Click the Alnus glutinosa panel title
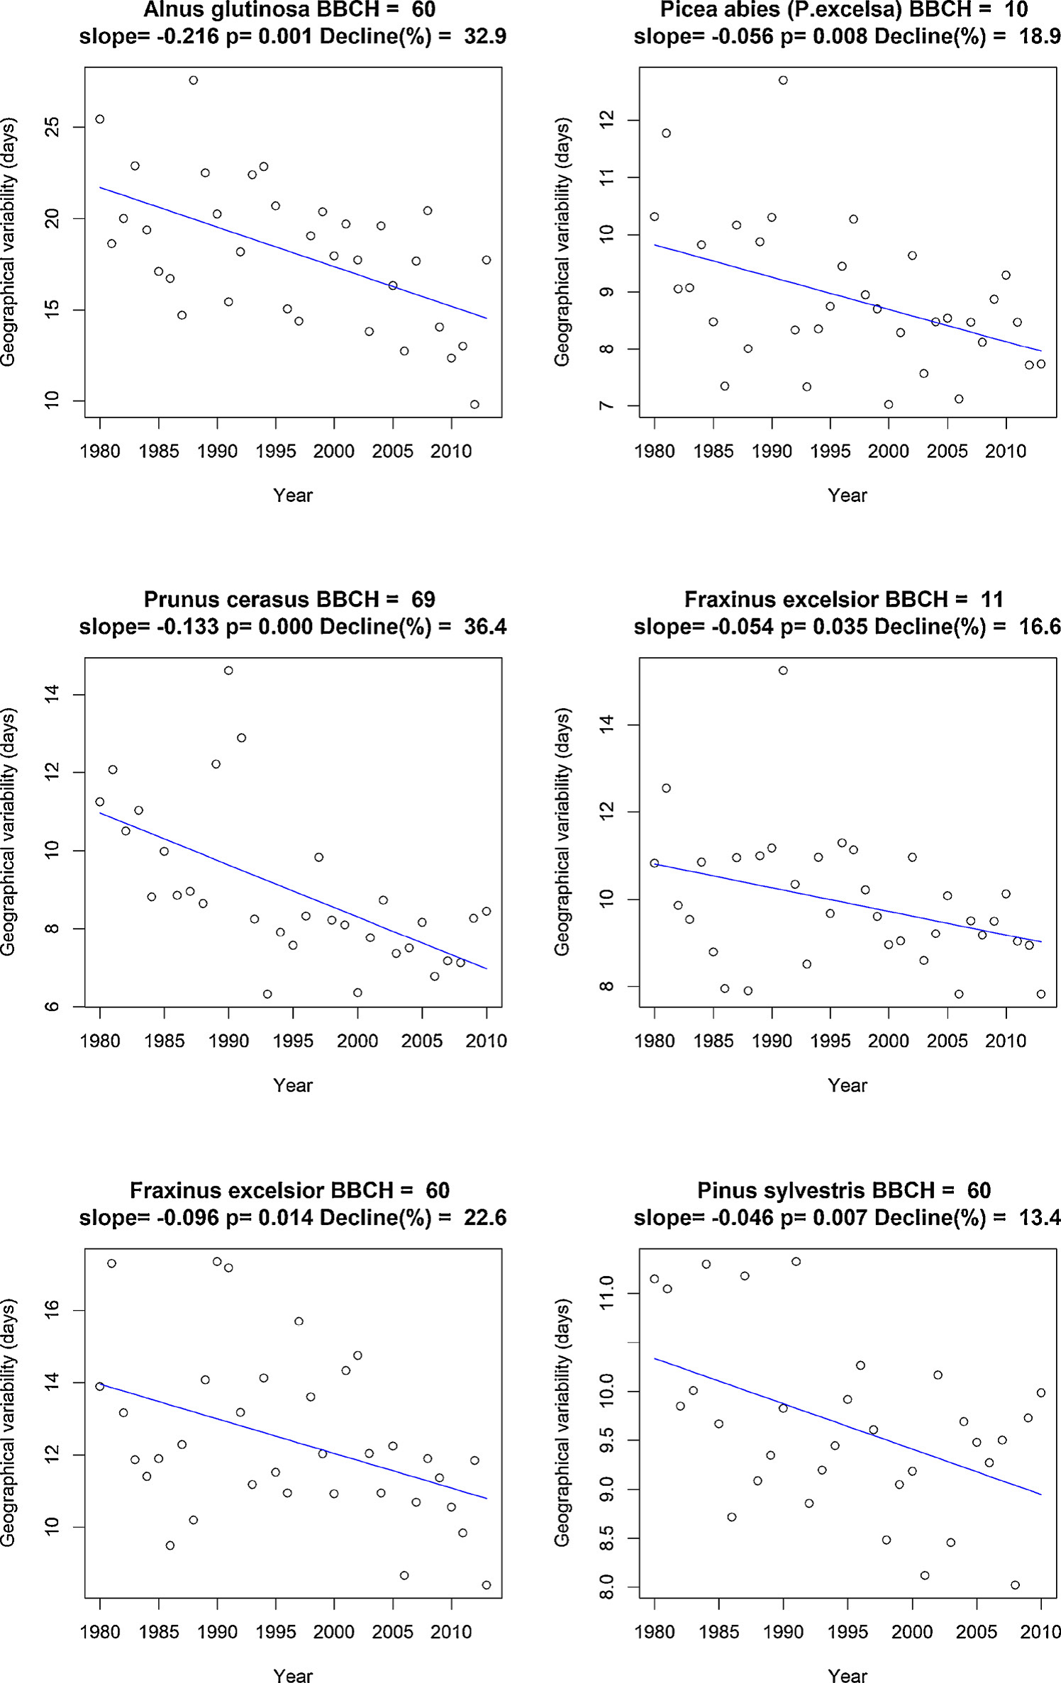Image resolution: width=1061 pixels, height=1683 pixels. (289, 10)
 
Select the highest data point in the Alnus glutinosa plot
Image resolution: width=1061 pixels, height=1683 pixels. (194, 80)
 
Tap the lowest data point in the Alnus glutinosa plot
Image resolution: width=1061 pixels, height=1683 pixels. (474, 404)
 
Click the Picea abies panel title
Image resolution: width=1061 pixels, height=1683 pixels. (843, 10)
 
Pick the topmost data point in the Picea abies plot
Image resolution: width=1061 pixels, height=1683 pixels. (783, 80)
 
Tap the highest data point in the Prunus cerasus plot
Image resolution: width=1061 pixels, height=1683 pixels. (228, 671)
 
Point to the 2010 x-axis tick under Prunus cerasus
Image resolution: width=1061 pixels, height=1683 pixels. (487, 1041)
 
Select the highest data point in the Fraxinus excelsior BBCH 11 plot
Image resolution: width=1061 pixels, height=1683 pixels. (783, 671)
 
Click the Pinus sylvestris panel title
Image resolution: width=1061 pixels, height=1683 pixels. (844, 1190)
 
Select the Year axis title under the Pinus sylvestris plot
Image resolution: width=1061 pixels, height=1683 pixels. (848, 1674)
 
